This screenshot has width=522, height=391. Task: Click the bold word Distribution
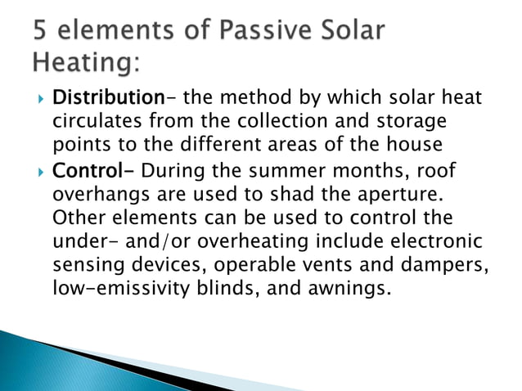click(108, 99)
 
